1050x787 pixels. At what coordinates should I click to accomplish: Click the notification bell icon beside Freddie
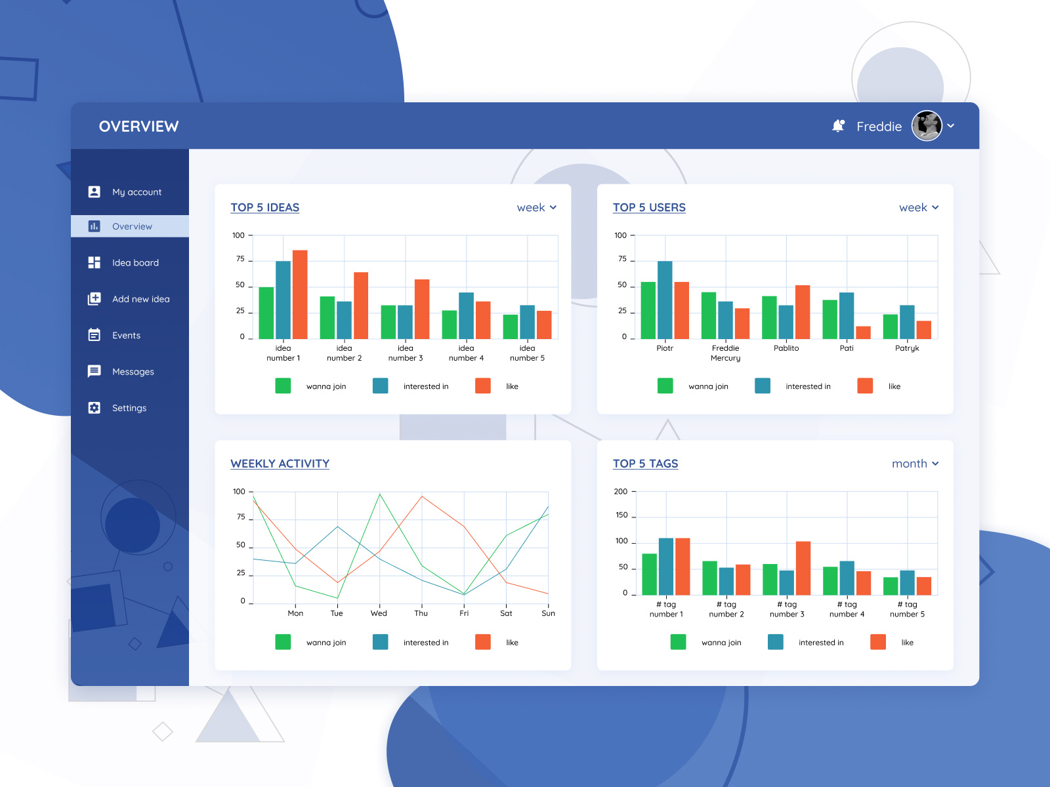pos(838,126)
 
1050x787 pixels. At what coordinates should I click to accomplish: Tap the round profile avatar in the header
pos(927,126)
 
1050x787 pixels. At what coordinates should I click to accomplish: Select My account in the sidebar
pos(136,192)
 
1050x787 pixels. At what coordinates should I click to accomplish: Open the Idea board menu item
pos(135,263)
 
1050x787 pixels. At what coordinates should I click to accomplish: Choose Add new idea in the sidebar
pos(140,299)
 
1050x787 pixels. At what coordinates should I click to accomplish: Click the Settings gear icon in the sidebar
pos(94,408)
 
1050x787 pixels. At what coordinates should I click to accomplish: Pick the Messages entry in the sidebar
pos(133,372)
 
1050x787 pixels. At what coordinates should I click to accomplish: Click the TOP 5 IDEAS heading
pos(265,208)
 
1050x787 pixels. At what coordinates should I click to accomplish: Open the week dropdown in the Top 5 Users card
pos(919,208)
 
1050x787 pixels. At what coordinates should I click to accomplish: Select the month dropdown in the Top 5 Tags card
pos(915,464)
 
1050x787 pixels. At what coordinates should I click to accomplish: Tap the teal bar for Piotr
pos(665,300)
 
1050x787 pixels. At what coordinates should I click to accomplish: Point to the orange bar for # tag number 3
pos(803,568)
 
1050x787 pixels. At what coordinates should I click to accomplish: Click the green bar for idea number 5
pos(511,327)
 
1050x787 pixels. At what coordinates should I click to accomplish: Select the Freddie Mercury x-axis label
pos(725,353)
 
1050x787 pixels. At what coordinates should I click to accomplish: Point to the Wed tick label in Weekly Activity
pos(379,614)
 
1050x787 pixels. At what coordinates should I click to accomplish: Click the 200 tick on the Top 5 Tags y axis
pos(621,492)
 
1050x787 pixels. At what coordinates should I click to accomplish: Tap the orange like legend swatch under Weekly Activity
pos(483,642)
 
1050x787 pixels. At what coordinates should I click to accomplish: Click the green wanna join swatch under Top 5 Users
pos(665,386)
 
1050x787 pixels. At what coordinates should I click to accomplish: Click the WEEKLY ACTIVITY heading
pos(280,464)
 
